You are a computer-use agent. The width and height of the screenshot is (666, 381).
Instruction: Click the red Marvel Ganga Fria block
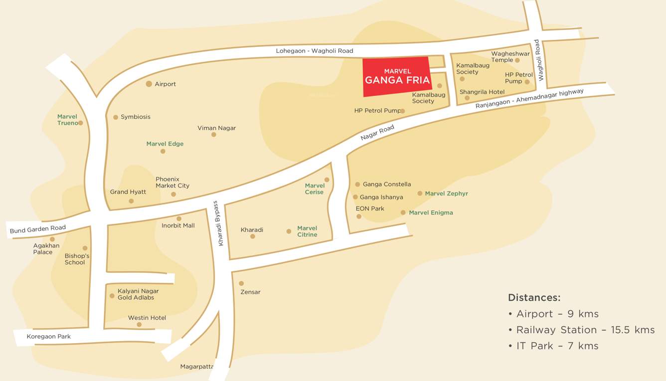397,76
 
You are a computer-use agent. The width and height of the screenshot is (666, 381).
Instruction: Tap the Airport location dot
149,84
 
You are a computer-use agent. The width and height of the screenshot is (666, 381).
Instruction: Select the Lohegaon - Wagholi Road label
314,51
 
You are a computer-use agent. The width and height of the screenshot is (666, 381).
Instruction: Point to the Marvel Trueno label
67,120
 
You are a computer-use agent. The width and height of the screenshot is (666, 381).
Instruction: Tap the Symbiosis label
135,117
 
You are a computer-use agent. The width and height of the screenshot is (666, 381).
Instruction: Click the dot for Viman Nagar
214,135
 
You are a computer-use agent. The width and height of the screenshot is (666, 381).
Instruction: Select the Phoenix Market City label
172,183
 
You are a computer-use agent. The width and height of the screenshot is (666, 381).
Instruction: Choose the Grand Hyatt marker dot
131,201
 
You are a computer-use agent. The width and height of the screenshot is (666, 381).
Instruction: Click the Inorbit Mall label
178,225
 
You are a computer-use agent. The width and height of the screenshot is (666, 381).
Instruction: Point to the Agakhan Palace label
46,249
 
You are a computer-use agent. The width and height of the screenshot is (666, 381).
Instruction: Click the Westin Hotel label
147,318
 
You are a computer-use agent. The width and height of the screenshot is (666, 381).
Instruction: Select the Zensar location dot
241,283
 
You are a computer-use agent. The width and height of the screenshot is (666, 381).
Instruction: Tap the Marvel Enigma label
431,212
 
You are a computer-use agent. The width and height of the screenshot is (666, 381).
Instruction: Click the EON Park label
370,208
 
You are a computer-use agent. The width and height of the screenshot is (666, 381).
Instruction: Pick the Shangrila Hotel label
482,92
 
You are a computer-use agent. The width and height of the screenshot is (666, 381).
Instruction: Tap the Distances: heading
534,298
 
